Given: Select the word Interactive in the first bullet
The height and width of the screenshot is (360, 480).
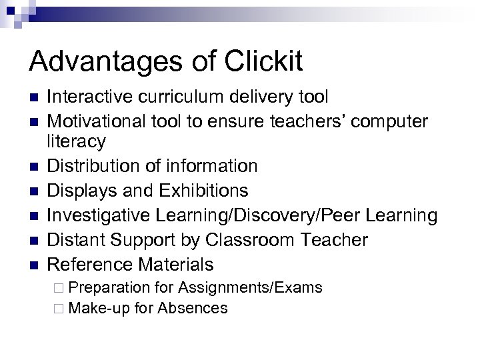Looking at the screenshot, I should click(x=92, y=97).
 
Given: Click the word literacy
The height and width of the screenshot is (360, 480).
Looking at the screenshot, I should click(x=76, y=141).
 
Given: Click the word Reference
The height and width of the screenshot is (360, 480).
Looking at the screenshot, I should click(x=91, y=265).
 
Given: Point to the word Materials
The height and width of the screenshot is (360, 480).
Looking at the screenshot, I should click(x=176, y=265).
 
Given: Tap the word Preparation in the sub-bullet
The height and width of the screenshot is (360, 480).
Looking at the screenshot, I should click(x=109, y=288).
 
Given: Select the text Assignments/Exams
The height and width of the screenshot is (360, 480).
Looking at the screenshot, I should click(x=250, y=288).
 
